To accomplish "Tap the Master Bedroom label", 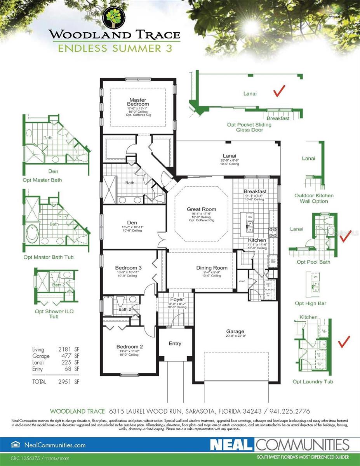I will pos(139,102).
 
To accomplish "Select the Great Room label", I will pos(201,209).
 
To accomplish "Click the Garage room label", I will pos(235,331).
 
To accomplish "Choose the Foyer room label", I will pos(177,299).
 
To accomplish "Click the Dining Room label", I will pos(212,268).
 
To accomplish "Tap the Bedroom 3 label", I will pos(128,268).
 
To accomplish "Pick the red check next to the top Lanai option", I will pos(280,91).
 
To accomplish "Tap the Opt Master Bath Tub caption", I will pos(48,257).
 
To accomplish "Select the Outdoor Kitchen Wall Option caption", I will pos(314,198).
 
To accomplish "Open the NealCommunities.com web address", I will pos(55,445).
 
